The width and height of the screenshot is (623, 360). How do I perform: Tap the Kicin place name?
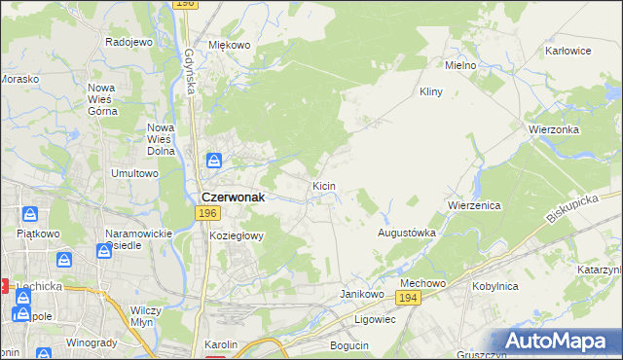[x=325, y=184]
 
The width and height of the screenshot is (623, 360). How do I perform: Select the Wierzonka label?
[x=554, y=129]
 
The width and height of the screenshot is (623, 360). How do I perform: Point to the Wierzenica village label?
[x=474, y=205]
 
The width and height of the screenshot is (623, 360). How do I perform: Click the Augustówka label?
[x=406, y=234]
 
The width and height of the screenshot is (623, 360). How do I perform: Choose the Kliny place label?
[x=430, y=91]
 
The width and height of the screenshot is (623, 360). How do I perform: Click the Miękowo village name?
[x=230, y=45]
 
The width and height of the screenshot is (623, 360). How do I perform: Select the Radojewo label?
[x=129, y=42]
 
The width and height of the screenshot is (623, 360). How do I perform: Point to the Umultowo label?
[x=134, y=173]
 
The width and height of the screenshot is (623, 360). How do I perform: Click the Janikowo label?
[x=358, y=293]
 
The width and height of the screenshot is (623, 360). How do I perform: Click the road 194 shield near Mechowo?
[x=409, y=298]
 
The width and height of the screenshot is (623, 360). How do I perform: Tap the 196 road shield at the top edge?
[x=186, y=5]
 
